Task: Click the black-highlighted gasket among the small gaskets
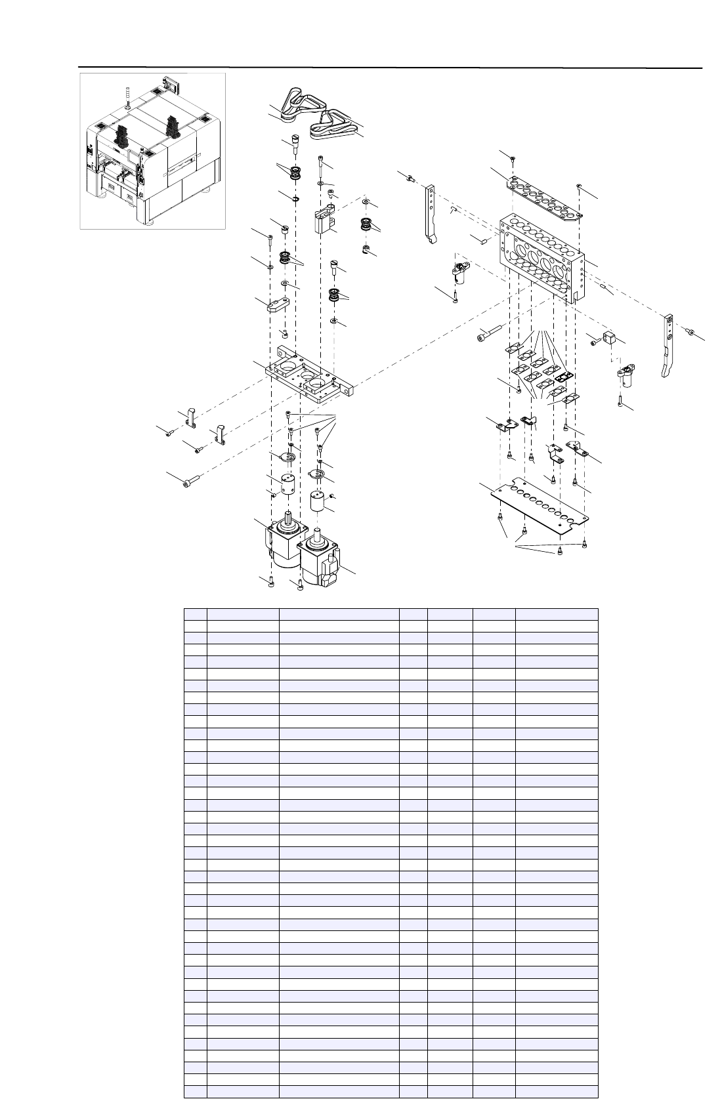(x=564, y=378)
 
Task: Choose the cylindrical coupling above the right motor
(x=319, y=505)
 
